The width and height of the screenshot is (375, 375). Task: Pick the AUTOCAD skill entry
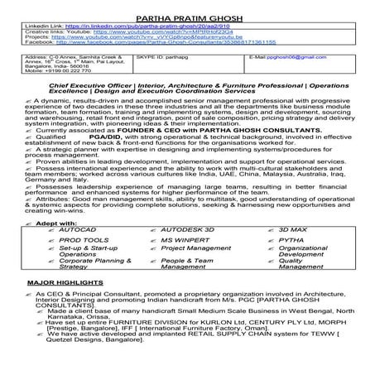coord(75,227)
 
